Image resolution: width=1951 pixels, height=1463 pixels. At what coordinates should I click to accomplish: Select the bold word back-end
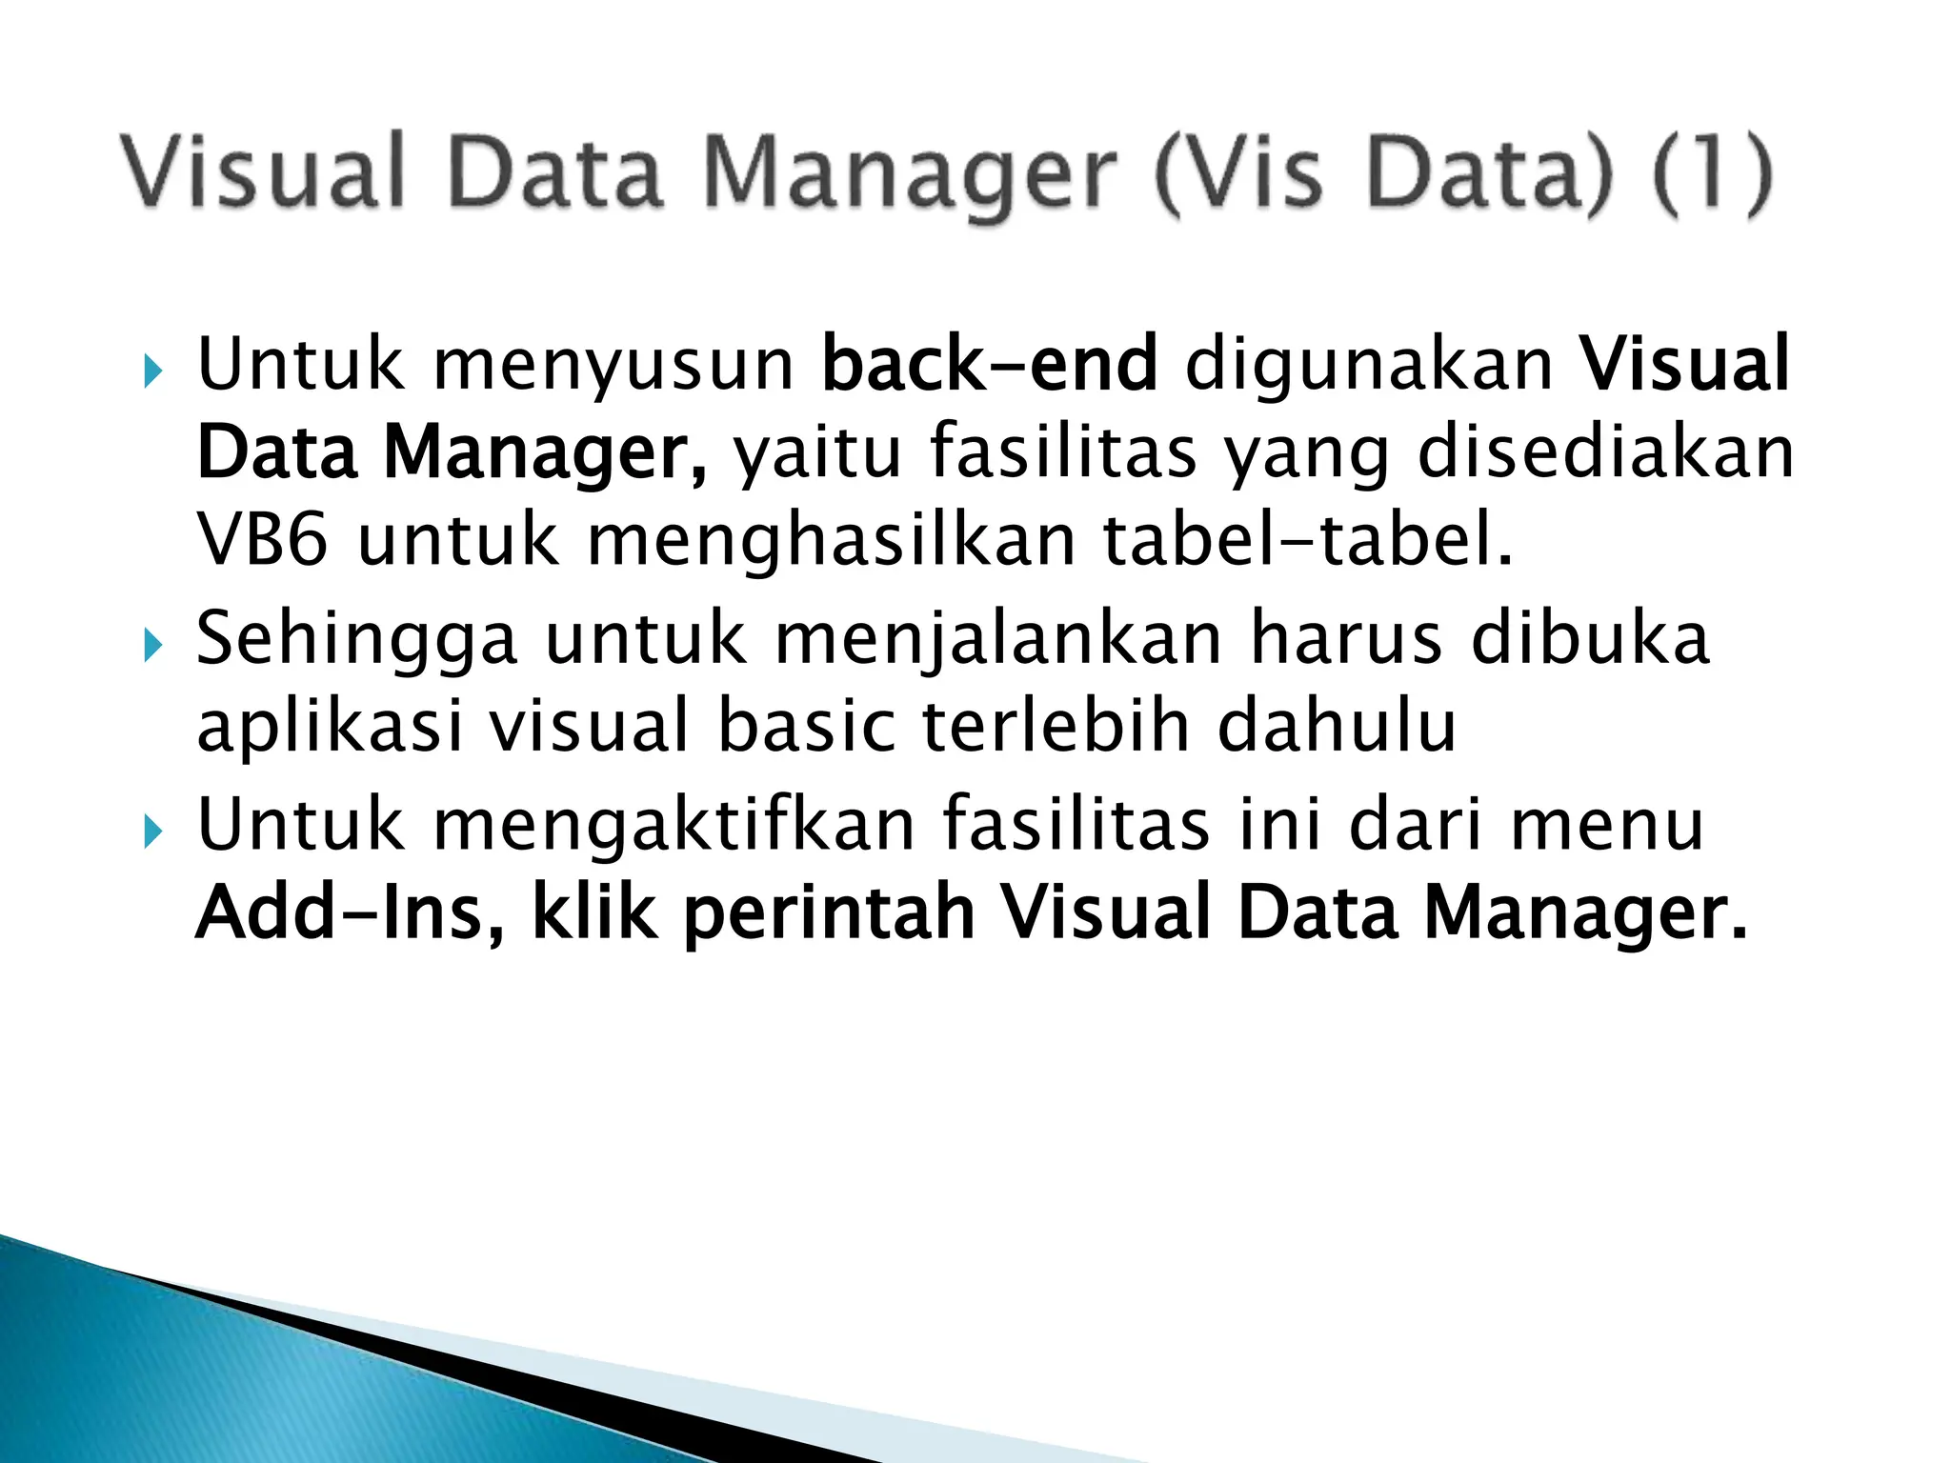pyautogui.click(x=989, y=364)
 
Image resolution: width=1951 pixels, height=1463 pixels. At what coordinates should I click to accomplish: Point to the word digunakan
pyautogui.click(x=1369, y=364)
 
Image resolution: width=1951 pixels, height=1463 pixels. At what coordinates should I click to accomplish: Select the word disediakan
pyautogui.click(x=1605, y=452)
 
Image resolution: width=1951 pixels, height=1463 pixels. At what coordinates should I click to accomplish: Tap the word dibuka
pyautogui.click(x=1590, y=638)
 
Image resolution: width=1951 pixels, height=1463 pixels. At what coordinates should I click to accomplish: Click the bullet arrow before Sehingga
pyautogui.click(x=152, y=648)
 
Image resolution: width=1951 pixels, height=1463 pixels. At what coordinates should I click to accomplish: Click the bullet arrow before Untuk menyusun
pyautogui.click(x=152, y=372)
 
